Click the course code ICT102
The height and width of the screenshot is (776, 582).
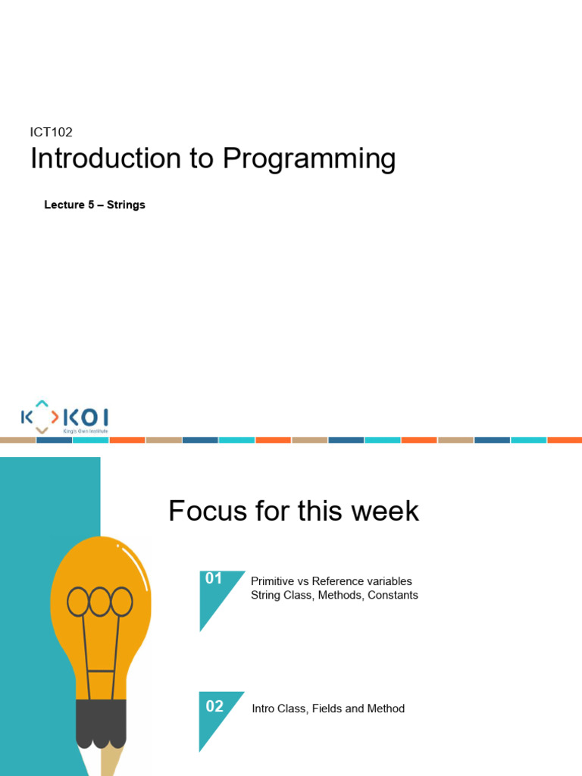click(52, 132)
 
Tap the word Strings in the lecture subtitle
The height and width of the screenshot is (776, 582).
click(126, 205)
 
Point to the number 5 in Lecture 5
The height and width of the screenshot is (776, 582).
click(91, 205)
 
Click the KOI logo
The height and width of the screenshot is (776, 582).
click(64, 417)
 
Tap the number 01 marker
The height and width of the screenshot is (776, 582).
click(214, 579)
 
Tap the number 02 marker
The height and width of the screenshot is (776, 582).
click(214, 706)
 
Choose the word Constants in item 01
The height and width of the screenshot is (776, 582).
click(393, 595)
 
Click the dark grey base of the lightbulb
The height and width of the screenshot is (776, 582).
click(101, 724)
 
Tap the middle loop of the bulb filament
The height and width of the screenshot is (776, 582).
click(100, 602)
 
